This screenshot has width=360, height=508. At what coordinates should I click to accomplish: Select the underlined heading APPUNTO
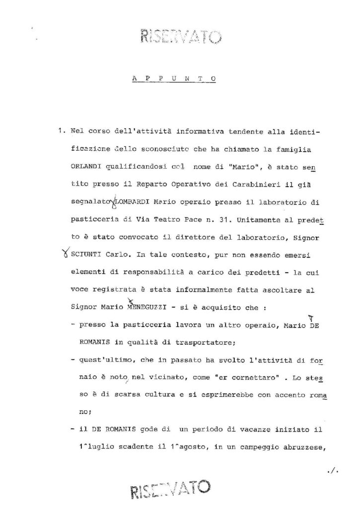169,78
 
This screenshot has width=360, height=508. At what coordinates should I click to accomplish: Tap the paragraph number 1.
61,133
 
